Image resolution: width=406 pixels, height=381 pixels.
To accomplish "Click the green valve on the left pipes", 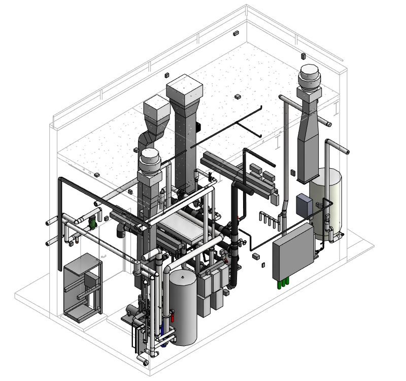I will tap(92, 223).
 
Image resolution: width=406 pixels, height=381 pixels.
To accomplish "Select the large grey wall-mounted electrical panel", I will tap(293, 251).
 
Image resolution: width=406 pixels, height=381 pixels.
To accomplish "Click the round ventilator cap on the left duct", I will tap(150, 162).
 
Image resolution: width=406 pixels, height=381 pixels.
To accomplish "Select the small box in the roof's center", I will tap(237, 96).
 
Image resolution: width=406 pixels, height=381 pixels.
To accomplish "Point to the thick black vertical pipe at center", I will tap(234, 239).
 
